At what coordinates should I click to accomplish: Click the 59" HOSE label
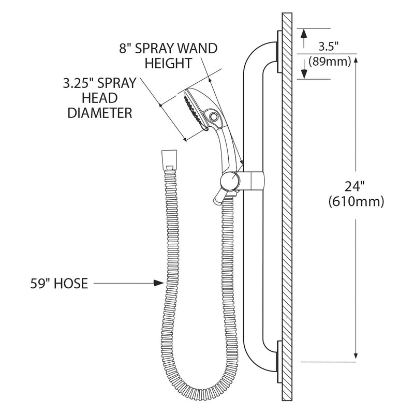(x=59, y=284)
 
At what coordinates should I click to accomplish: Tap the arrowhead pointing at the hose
(x=159, y=283)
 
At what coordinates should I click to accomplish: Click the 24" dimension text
(x=356, y=186)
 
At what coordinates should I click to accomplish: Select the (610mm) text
(x=356, y=202)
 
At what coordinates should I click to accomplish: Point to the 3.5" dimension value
(x=329, y=47)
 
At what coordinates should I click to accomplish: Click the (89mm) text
(x=330, y=62)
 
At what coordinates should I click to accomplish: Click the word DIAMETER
(x=100, y=113)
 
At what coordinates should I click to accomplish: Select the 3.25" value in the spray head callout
(x=78, y=83)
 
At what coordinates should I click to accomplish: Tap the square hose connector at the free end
(x=169, y=160)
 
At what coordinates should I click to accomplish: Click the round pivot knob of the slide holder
(x=230, y=181)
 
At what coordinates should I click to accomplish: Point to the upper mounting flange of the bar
(x=279, y=51)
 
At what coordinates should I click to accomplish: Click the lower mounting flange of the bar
(x=279, y=362)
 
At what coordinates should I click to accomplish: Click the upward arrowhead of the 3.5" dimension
(x=304, y=34)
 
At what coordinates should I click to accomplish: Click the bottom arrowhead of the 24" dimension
(x=356, y=357)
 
